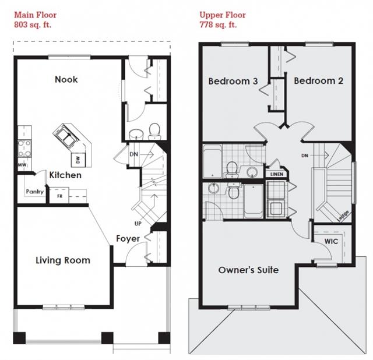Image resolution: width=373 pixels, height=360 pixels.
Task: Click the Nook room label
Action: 66,79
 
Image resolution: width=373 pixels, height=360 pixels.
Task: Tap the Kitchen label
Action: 65,175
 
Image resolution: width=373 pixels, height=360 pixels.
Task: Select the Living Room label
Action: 63,260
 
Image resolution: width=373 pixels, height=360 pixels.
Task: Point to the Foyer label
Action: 127,238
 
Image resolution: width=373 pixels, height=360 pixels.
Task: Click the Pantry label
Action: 34,192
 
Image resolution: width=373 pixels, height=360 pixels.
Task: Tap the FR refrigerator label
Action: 59,196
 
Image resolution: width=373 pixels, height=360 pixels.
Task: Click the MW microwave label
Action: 22,165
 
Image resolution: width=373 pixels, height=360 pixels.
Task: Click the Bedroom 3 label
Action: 233,81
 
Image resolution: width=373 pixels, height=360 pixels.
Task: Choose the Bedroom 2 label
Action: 318,81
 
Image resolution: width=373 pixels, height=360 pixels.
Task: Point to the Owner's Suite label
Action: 248,270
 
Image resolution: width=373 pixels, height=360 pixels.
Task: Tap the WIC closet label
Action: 331,241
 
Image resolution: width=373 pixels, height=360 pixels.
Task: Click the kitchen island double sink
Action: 65,137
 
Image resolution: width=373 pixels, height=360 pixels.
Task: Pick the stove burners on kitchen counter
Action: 24,149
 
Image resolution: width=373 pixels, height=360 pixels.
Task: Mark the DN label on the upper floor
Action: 304,156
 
